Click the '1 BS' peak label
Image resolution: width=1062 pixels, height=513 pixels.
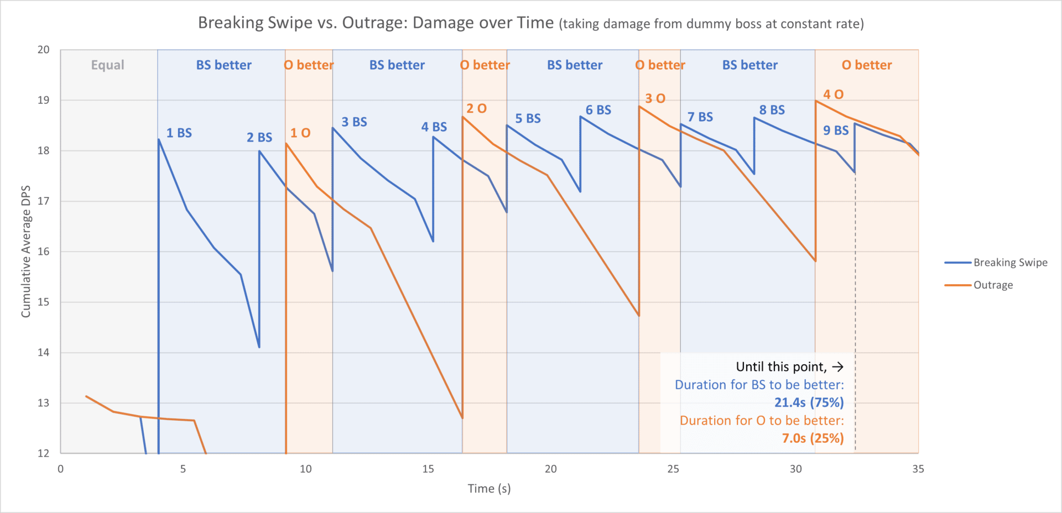(179, 133)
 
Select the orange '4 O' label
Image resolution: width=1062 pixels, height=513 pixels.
(833, 95)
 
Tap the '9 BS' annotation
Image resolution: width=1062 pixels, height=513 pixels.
(836, 130)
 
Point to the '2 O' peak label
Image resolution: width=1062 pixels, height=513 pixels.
(476, 109)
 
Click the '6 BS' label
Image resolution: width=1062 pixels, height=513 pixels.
(598, 110)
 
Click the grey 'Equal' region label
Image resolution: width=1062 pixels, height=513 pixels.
(107, 65)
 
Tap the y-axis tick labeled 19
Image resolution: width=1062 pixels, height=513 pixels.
(44, 100)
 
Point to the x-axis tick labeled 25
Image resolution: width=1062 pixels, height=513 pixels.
(673, 469)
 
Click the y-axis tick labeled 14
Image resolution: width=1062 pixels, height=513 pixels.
(44, 353)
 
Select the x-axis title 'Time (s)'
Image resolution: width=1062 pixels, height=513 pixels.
(489, 489)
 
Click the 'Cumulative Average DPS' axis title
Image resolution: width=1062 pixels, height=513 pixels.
(25, 252)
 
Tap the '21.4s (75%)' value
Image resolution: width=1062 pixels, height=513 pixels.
(809, 403)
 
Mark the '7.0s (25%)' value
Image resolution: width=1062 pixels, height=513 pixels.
(813, 438)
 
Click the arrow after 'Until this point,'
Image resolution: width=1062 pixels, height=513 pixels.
(837, 367)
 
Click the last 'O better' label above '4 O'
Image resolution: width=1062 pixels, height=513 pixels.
(867, 65)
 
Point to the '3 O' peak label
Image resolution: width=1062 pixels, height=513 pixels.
(655, 99)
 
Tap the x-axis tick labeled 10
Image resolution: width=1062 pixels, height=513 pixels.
(305, 469)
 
